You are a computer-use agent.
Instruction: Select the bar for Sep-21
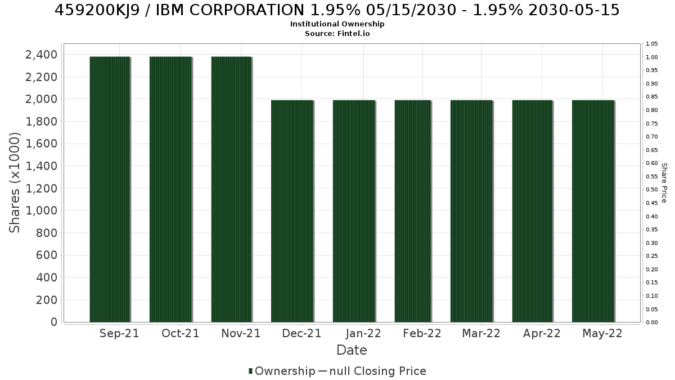[110, 189]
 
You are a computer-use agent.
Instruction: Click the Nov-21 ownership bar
[231, 189]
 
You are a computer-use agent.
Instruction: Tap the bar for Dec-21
[292, 211]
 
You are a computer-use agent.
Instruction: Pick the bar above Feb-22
[413, 211]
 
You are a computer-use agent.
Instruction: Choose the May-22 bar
[593, 211]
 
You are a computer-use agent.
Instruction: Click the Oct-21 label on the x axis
[180, 333]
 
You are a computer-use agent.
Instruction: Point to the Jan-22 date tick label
[363, 333]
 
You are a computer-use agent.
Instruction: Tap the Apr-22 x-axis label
[542, 333]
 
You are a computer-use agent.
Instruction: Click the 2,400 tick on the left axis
[41, 55]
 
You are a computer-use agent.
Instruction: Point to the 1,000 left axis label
[41, 211]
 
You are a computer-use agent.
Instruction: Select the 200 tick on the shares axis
[47, 299]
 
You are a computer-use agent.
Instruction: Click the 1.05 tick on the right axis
[652, 44]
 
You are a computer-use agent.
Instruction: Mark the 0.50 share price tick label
[652, 190]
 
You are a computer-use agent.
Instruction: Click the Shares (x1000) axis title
[14, 182]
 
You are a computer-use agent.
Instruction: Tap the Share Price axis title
[664, 183]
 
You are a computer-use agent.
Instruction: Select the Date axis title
[352, 350]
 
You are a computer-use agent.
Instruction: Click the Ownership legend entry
[282, 371]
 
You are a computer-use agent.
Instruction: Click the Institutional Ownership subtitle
[337, 24]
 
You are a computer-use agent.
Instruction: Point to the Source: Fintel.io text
[337, 33]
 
